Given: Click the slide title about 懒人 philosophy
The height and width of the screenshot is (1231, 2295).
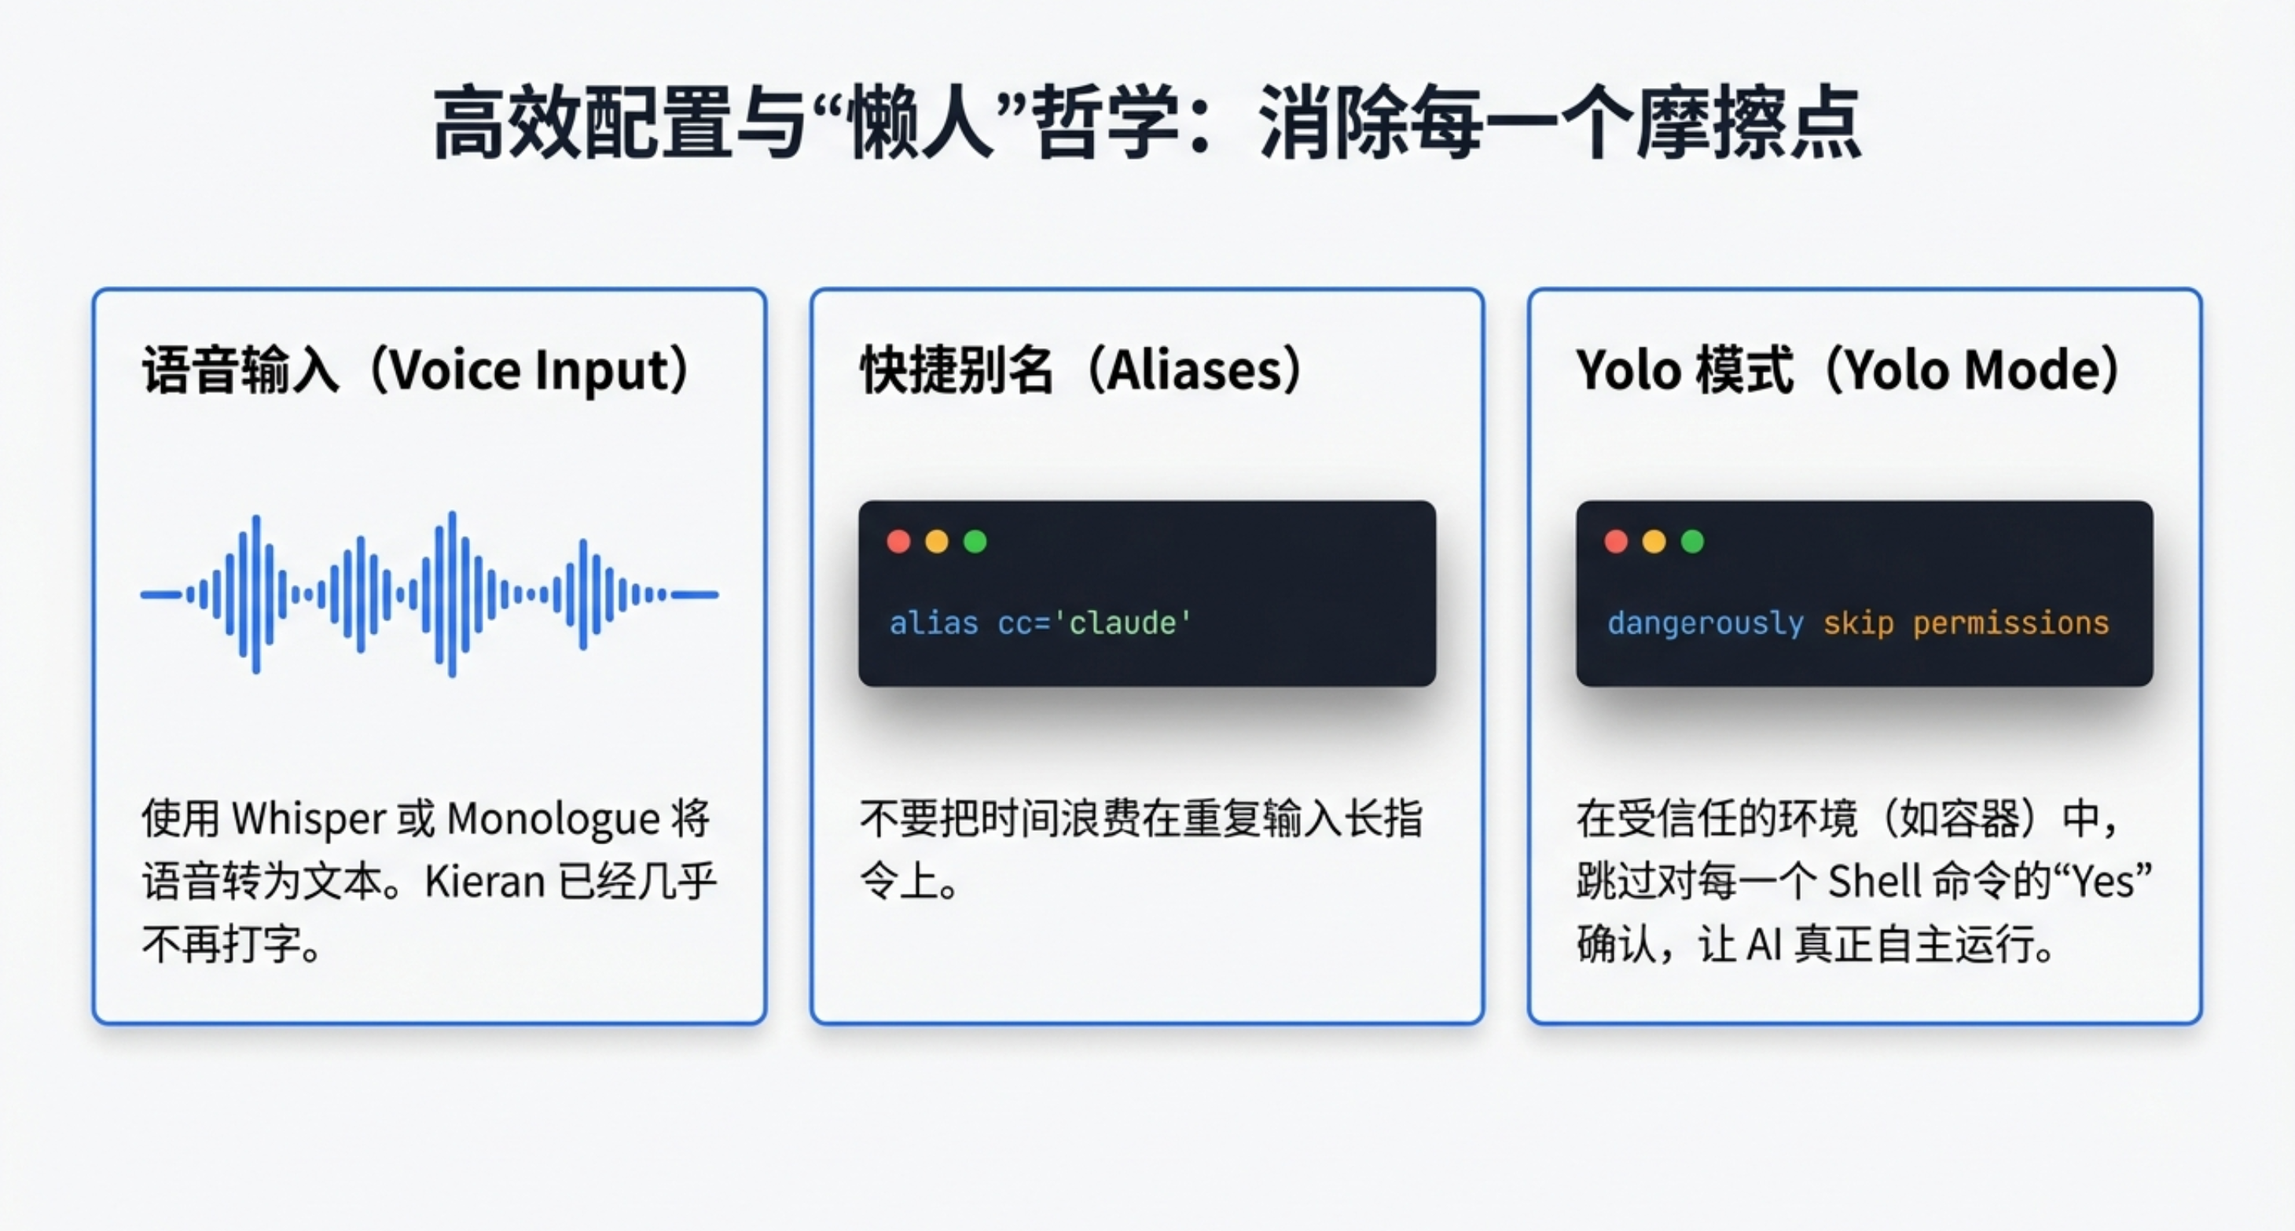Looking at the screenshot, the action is pyautogui.click(x=1147, y=123).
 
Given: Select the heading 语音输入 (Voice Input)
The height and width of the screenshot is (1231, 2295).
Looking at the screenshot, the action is pyautogui.click(x=416, y=369).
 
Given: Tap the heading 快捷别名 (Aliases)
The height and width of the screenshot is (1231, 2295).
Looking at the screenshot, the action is pyautogui.click(x=1081, y=369).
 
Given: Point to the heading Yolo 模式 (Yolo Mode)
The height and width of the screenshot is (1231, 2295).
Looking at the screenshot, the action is pyautogui.click(x=1848, y=369).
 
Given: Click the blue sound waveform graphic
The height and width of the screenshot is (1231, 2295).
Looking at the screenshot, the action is pyautogui.click(x=429, y=594).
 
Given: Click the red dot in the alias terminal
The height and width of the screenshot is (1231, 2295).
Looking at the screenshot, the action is pyautogui.click(x=899, y=542).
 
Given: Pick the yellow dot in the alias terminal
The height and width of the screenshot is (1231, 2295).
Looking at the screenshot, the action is pyautogui.click(x=937, y=542).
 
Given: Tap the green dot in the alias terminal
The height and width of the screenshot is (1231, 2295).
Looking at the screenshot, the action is pyautogui.click(x=975, y=542).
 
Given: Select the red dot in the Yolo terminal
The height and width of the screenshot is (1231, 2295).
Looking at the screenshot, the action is pyautogui.click(x=1616, y=542).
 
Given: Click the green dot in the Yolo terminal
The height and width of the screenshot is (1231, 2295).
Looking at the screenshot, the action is pyautogui.click(x=1693, y=542).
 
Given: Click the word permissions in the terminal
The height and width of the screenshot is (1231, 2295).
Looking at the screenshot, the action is pyautogui.click(x=2010, y=623).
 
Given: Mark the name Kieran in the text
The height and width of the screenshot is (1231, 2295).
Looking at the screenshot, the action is pyautogui.click(x=485, y=882).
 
